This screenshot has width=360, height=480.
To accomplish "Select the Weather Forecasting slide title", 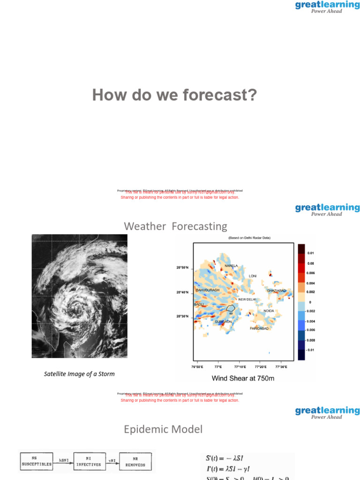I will click(175, 226).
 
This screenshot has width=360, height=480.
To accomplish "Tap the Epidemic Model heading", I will click(163, 429).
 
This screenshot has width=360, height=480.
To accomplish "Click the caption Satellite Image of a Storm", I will click(79, 374).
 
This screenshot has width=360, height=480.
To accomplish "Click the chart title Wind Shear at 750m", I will click(243, 378).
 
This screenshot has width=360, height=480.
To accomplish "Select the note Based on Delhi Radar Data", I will click(249, 238).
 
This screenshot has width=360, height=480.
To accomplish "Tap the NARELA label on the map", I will click(231, 266).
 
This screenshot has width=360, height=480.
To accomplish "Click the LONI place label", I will click(253, 276).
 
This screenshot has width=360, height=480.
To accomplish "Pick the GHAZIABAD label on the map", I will click(276, 291).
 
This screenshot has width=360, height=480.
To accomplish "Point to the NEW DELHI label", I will click(247, 300).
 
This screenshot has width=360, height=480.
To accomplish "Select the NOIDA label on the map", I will click(269, 311).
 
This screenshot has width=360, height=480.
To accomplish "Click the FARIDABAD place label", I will click(259, 329).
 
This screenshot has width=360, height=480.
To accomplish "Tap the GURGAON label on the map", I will click(223, 322).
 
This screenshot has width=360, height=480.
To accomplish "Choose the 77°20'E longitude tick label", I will click(261, 367).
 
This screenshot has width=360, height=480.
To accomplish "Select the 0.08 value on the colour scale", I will click(311, 263).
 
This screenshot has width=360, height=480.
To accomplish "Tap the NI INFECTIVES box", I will click(89, 462).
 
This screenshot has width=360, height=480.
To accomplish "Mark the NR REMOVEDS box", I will click(135, 462).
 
